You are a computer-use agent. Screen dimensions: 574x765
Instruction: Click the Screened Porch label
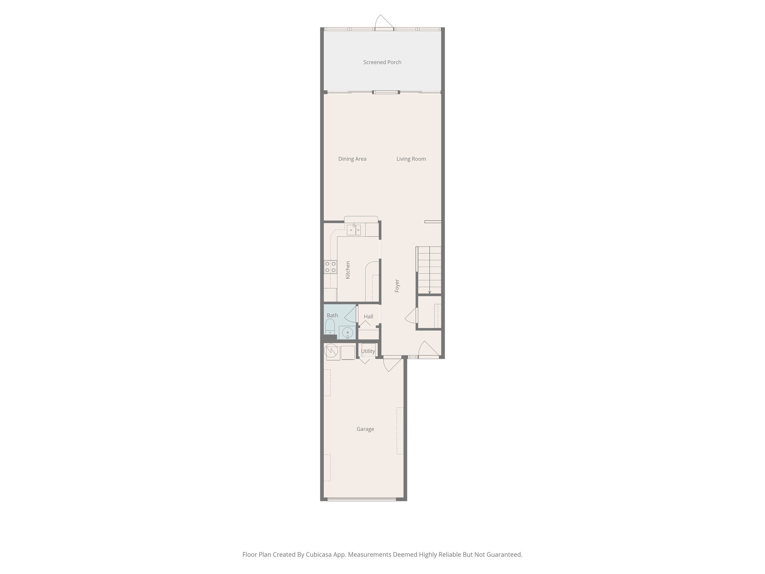coord(382,62)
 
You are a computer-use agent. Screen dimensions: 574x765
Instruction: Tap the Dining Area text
coord(352,159)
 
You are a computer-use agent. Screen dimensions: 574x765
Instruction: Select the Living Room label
coord(411,159)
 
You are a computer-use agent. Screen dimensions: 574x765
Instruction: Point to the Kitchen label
coord(348,270)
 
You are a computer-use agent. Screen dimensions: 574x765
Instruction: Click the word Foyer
coord(397,286)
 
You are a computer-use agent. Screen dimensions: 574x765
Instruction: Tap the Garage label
coord(365,429)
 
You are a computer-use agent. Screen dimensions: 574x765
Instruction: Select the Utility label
coord(368,351)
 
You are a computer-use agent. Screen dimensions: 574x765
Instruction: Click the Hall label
coord(368,317)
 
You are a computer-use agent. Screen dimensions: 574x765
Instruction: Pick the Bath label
coord(332,315)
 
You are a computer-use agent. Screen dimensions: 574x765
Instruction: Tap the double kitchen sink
coord(354,230)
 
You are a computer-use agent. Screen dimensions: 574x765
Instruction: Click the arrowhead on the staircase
coord(430,292)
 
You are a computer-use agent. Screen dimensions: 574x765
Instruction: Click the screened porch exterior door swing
coord(382,21)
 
